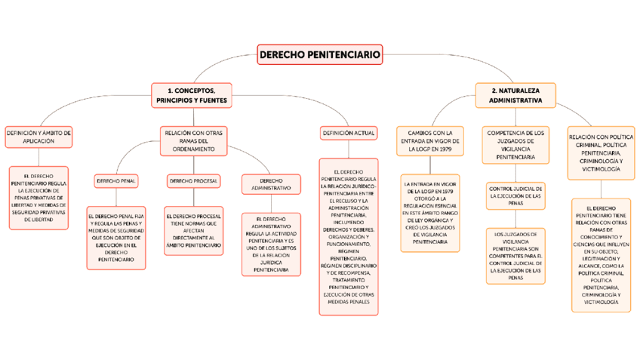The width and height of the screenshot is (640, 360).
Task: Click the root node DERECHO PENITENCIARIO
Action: (x=320, y=54)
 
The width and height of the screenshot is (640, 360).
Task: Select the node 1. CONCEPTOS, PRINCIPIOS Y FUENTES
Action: (x=192, y=95)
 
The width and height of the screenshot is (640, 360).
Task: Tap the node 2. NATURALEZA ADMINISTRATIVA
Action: (x=515, y=95)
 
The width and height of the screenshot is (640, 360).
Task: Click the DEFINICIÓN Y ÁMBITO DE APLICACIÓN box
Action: (x=38, y=137)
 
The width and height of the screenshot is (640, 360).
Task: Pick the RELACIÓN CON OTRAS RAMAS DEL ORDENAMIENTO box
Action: (x=193, y=140)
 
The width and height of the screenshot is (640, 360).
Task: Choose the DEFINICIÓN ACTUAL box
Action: (x=348, y=134)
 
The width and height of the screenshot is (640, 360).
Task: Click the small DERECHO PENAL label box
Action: (x=116, y=181)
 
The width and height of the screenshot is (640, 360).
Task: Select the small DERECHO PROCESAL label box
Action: (x=193, y=181)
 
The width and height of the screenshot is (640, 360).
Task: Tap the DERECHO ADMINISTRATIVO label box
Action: (x=271, y=184)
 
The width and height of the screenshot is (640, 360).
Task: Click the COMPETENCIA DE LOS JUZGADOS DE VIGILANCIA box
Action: (x=515, y=145)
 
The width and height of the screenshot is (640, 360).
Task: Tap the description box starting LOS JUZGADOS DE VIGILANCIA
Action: (x=515, y=256)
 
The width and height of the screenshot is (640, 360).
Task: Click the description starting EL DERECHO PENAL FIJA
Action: (x=116, y=237)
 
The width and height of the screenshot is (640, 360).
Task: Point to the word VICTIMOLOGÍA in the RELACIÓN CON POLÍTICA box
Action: (x=602, y=170)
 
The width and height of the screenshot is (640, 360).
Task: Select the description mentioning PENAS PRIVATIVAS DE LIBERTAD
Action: (x=38, y=198)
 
